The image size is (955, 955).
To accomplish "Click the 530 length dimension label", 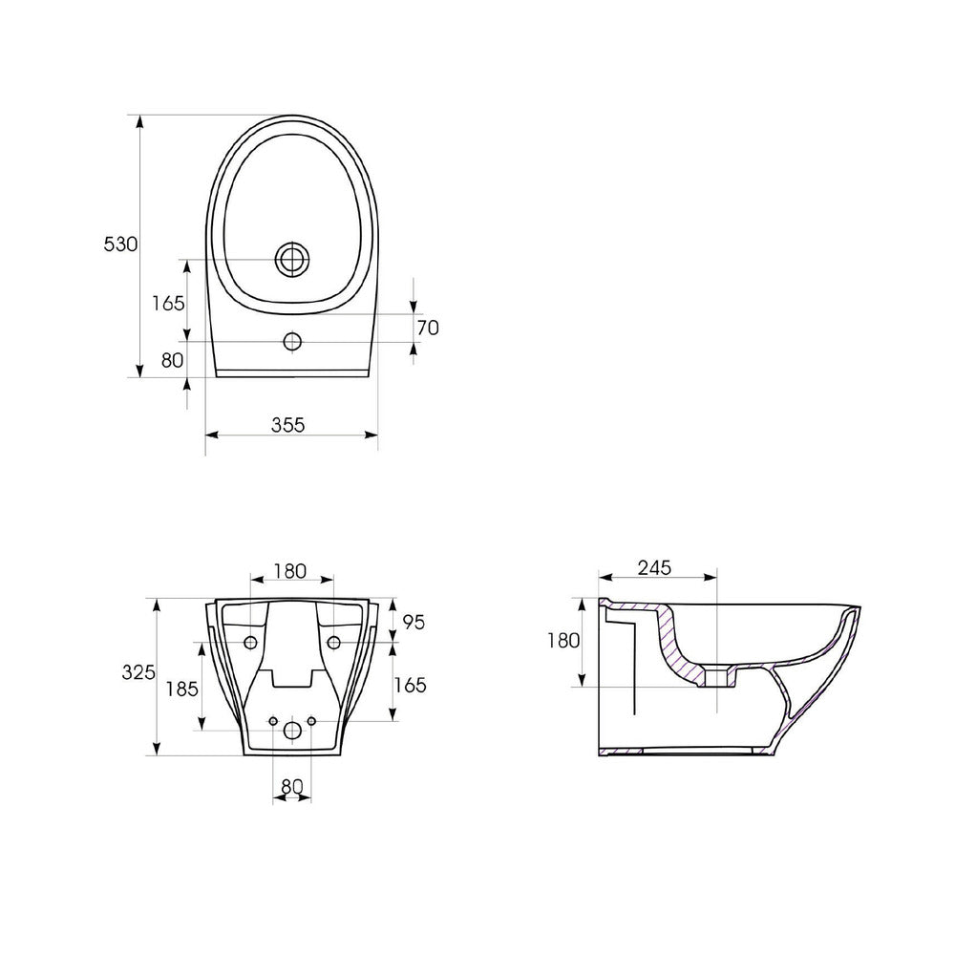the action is (120, 244).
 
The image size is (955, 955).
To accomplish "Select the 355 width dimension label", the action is (288, 425).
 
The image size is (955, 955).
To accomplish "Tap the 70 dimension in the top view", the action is (428, 328).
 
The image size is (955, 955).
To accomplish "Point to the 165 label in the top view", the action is (168, 303).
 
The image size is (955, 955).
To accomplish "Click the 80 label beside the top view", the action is (172, 360).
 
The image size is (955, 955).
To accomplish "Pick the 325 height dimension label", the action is (138, 672).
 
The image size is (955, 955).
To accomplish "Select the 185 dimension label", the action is (182, 689).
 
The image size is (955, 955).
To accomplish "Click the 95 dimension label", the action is (414, 623).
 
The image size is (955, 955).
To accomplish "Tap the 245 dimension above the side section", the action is (655, 567).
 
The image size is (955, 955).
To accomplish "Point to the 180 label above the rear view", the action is (290, 571).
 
